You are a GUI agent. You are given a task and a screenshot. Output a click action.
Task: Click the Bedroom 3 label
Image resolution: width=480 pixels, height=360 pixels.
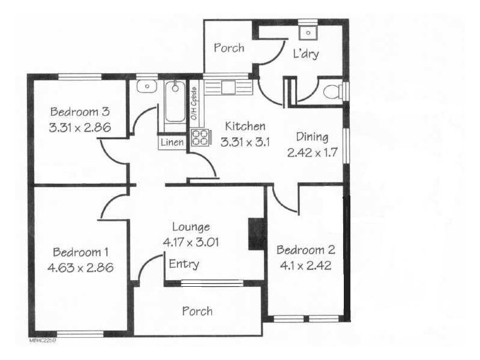click(x=79, y=112)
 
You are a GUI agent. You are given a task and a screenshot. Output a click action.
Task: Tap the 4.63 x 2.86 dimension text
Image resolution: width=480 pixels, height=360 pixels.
click(x=80, y=267)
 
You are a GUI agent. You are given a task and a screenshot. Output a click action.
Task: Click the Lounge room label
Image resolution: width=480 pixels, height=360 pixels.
click(x=191, y=227)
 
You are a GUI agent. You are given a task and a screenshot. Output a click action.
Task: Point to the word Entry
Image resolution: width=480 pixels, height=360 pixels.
click(x=184, y=264)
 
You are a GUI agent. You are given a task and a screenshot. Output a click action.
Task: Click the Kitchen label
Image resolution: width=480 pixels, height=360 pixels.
click(x=245, y=127)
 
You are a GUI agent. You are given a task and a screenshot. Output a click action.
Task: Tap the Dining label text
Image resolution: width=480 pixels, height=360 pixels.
click(x=312, y=137)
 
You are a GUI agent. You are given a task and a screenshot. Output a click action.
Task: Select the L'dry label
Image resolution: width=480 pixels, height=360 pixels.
click(x=305, y=55)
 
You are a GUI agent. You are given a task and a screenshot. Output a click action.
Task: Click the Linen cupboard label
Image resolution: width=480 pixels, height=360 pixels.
click(x=172, y=143)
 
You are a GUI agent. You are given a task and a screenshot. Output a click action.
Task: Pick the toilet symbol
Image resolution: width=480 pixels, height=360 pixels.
click(x=331, y=92)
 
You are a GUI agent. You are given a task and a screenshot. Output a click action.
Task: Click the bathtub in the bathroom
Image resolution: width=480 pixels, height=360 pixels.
click(x=175, y=103)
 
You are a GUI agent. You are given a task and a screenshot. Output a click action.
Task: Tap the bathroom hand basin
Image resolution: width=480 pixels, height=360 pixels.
click(x=145, y=87)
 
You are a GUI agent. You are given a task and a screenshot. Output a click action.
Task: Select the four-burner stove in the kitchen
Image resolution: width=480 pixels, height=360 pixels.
click(x=200, y=139)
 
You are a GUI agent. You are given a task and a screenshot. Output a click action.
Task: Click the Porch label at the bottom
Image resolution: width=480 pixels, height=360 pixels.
click(x=197, y=311)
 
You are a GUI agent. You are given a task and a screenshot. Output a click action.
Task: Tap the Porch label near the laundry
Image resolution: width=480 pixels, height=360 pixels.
click(x=229, y=47)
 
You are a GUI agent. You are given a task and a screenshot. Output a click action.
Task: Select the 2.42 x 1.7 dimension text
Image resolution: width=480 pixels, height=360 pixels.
click(x=310, y=152)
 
